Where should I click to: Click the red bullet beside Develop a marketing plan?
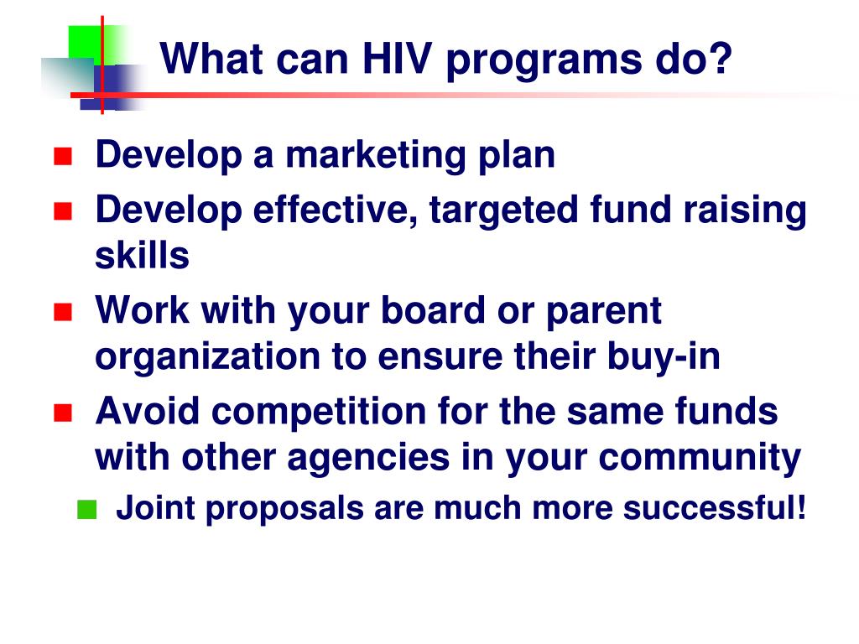63,156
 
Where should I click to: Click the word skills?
142,256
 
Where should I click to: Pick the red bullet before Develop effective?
63,210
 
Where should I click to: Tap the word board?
433,310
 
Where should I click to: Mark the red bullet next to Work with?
63,312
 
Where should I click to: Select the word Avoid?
148,411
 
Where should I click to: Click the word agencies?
368,459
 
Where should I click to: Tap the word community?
700,459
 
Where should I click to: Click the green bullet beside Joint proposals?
86,509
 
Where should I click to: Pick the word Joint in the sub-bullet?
155,507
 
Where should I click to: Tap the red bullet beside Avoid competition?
63,413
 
